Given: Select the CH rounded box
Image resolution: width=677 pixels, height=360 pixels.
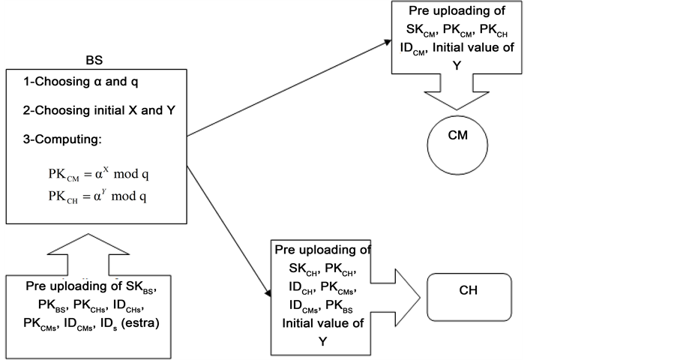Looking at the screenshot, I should point(469,289).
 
